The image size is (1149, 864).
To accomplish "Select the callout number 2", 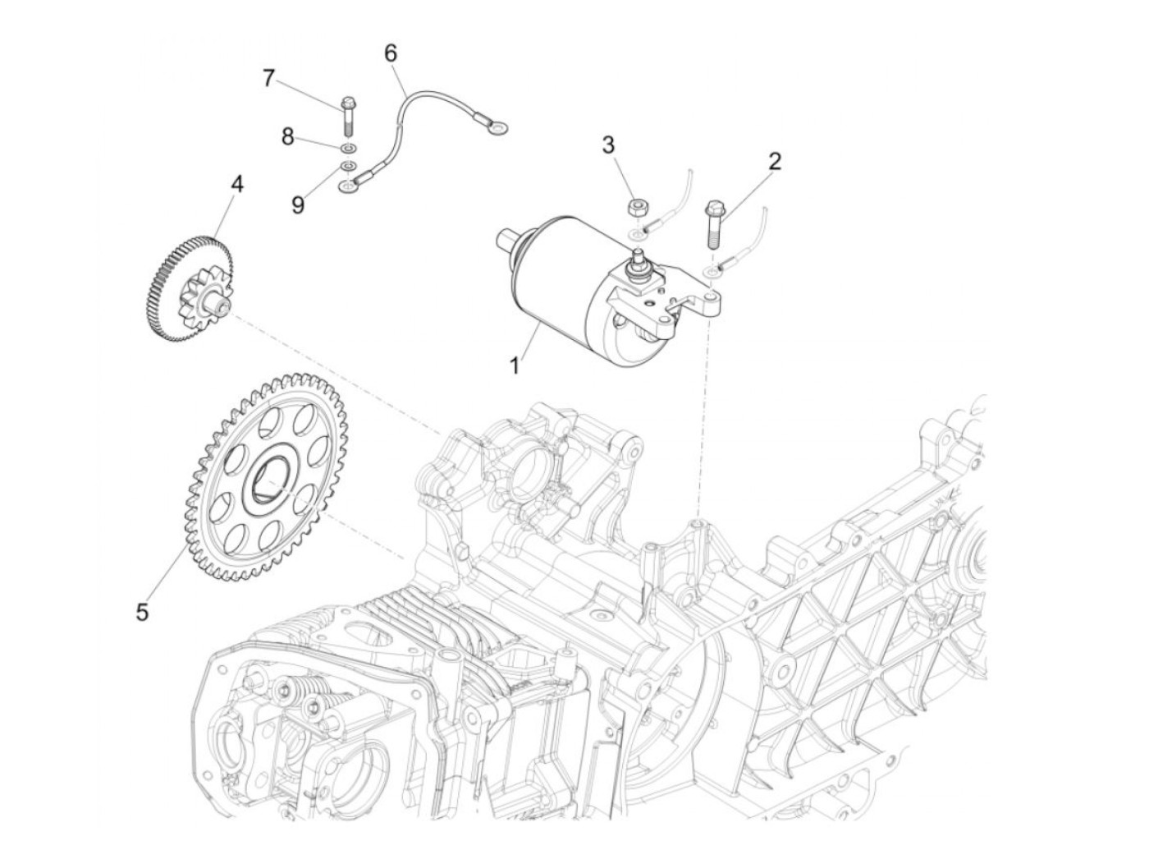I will point(773,162).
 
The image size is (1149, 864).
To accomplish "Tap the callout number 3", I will point(630,145).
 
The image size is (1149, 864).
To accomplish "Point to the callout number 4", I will point(236,184).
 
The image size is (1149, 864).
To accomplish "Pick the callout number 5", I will point(142,611).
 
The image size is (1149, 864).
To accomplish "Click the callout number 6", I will point(391,53).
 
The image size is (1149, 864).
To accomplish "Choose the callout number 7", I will point(268,79).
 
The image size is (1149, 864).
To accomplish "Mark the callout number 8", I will point(287,137).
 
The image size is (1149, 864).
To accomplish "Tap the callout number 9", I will point(297,204).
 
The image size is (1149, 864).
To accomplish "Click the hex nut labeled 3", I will point(634,208).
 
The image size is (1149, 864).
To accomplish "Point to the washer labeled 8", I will point(347,148).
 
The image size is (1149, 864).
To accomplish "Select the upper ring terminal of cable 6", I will point(494,126).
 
